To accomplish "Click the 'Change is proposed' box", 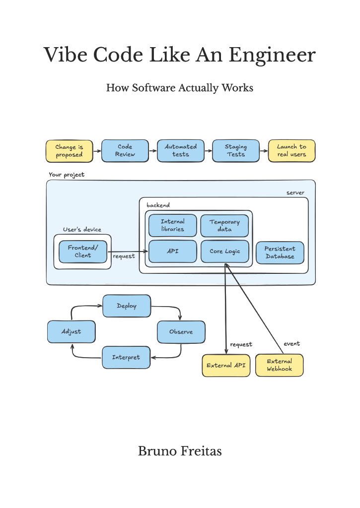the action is point(70,151).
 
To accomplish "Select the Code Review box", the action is point(125,151).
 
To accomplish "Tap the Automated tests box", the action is point(181,151).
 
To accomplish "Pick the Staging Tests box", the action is point(236,151).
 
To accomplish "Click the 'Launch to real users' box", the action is point(291,151).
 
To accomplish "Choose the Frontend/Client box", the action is point(83,252).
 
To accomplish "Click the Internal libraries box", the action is point(172,225).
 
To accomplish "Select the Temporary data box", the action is point(224,226).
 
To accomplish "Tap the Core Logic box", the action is point(225,251).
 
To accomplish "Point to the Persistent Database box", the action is point(280,253).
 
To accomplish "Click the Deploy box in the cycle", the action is point(127,306).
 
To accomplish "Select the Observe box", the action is point(181,332).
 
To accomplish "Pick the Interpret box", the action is point(126,357).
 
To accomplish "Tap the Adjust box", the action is point(72,332).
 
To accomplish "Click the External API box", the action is point(226,366).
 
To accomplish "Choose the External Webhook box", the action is point(279,365).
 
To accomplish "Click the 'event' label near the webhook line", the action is point(291,344).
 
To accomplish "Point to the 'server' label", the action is point(295,193).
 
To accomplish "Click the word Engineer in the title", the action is point(272,56).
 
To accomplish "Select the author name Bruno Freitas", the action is point(180,451).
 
